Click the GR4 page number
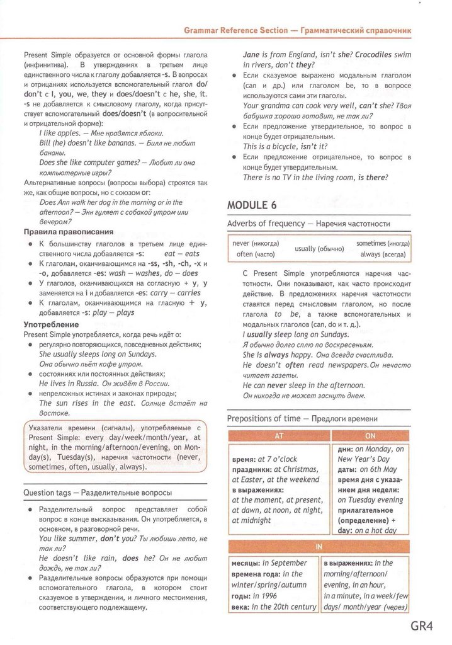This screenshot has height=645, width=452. pos(423,626)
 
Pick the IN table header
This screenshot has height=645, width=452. pos(319,546)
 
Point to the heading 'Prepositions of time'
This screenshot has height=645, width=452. pos(264,418)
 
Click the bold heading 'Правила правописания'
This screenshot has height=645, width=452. pos(68,232)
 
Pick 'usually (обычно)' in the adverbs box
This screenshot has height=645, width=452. pos(319,249)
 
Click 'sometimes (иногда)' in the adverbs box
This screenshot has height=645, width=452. pos(383,243)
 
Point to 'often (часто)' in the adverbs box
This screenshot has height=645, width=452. pos(254,254)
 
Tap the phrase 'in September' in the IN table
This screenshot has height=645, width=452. pos(285,562)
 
